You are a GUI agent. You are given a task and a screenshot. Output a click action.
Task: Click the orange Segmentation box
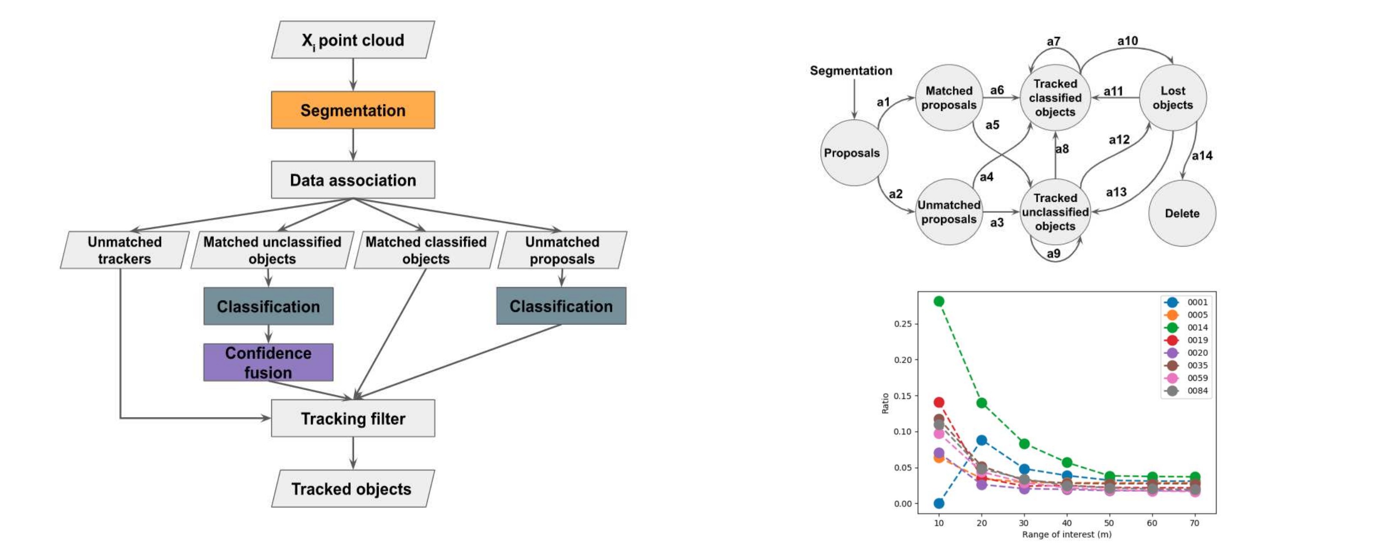[353, 110]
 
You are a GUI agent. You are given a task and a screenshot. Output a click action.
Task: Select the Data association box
[353, 180]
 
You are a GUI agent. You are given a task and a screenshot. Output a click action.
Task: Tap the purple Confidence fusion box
[268, 362]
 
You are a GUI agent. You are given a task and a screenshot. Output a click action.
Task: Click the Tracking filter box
[353, 419]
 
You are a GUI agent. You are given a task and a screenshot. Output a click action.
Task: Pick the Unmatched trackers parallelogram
[125, 250]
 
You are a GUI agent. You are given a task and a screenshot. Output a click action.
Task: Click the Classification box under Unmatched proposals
[561, 306]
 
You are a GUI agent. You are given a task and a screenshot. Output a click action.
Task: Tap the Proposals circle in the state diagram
[852, 153]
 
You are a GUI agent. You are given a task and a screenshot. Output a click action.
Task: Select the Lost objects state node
[1172, 98]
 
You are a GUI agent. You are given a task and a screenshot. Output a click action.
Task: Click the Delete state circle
[1182, 214]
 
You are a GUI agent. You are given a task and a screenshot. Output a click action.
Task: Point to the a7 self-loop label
[1054, 42]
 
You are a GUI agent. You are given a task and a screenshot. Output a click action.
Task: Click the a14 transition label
[1202, 156]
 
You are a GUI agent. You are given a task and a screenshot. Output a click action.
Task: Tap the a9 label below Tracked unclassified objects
[1054, 254]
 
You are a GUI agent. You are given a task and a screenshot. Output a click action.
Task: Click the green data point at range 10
[939, 301]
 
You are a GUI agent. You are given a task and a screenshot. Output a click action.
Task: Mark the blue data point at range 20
[982, 440]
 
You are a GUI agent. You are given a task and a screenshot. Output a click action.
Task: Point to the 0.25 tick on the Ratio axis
[902, 324]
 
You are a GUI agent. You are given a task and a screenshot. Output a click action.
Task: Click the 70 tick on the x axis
[1195, 523]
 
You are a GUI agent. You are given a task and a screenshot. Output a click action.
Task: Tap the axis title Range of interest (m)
[1066, 534]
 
